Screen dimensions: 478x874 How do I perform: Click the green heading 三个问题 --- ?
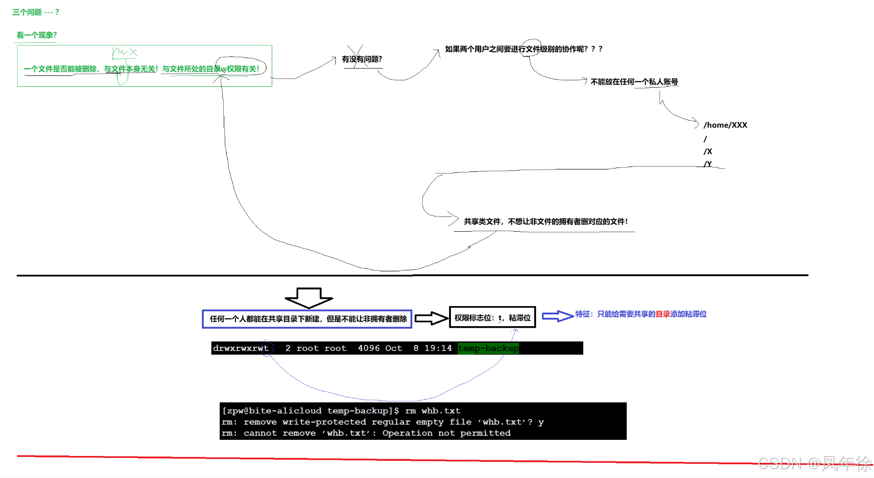pyautogui.click(x=35, y=12)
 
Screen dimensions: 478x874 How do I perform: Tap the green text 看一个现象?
pyautogui.click(x=37, y=35)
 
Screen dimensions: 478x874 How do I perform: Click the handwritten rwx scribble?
pyautogui.click(x=124, y=52)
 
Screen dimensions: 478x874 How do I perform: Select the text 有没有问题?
pyautogui.click(x=362, y=59)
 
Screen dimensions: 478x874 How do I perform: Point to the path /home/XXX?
pyautogui.click(x=725, y=125)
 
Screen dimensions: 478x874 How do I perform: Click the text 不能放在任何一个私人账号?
pyautogui.click(x=634, y=82)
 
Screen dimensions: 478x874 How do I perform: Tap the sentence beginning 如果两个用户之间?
pyautogui.click(x=523, y=49)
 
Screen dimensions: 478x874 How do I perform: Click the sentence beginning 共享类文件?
pyautogui.click(x=545, y=222)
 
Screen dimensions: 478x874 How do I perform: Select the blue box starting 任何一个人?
pyautogui.click(x=307, y=319)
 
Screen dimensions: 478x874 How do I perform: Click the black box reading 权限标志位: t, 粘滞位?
pyautogui.click(x=493, y=318)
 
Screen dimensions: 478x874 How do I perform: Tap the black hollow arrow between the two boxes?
pyautogui.click(x=431, y=318)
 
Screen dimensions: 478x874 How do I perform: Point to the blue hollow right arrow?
pyautogui.click(x=557, y=316)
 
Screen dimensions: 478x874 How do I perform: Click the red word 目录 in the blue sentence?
pyautogui.click(x=662, y=314)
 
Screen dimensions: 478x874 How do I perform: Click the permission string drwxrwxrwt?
pyautogui.click(x=240, y=348)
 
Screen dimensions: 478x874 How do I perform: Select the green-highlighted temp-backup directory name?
pyautogui.click(x=488, y=348)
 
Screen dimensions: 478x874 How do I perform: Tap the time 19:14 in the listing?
pyautogui.click(x=438, y=348)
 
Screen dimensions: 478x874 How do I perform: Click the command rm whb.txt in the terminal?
pyautogui.click(x=433, y=411)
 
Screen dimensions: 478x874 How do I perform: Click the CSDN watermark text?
pyautogui.click(x=815, y=463)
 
